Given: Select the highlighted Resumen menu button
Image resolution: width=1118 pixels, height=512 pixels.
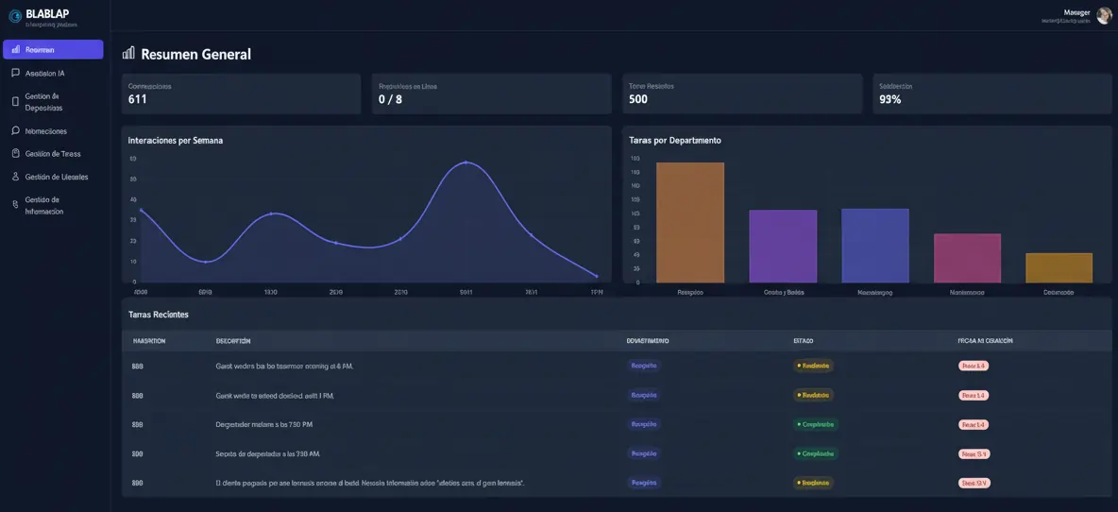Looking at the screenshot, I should tap(53, 50).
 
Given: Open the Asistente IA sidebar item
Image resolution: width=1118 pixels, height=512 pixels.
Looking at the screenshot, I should tap(44, 73).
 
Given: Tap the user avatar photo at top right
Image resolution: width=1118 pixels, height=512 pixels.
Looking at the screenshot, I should tap(1103, 16).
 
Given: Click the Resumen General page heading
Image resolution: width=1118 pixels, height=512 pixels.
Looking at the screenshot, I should tap(195, 55).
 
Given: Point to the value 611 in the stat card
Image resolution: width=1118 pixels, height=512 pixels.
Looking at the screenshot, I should tap(138, 99).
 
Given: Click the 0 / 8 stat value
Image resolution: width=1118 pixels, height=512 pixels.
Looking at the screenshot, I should tap(390, 99).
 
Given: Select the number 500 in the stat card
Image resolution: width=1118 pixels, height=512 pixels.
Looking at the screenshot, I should tap(638, 99).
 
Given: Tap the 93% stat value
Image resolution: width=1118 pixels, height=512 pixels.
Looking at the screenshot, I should tap(889, 99).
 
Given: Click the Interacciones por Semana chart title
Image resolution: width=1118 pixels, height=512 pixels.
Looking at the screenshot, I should tap(176, 140).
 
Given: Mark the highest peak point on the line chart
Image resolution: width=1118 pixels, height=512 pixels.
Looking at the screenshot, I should tap(466, 162).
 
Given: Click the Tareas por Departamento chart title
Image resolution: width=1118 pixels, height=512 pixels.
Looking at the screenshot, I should tap(675, 140).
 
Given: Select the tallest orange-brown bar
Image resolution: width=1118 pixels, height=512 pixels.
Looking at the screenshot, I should tap(690, 222).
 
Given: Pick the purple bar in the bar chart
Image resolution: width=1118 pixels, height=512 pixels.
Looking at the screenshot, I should tap(783, 246).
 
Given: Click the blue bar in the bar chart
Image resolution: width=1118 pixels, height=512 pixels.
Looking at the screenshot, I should tap(874, 246).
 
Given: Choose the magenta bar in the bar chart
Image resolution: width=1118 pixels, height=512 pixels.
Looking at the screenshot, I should tap(967, 258).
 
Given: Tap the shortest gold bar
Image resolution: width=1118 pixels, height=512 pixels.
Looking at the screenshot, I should tap(1059, 267).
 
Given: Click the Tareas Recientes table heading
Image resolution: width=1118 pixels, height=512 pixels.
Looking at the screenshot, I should tap(159, 315).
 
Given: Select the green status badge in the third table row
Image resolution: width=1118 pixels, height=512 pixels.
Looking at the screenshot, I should tap(816, 424).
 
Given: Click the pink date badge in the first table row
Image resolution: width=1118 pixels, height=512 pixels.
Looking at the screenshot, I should tap(974, 366).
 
